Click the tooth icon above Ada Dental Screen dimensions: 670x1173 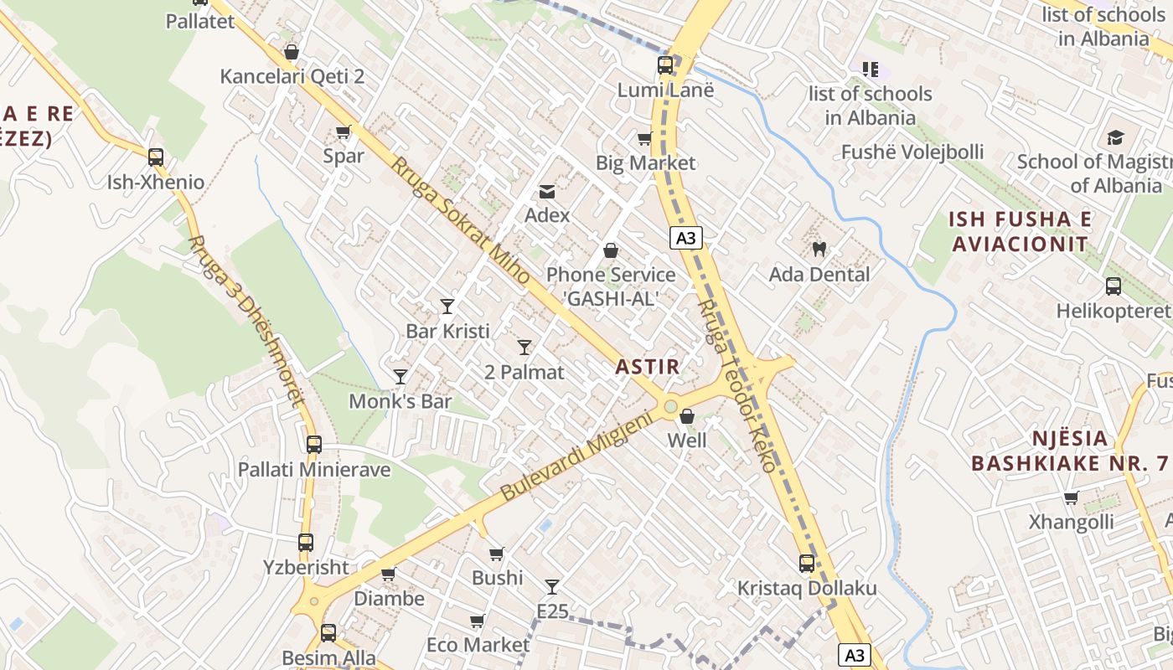819,249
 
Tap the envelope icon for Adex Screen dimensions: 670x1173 547,192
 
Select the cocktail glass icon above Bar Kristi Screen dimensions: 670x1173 447,307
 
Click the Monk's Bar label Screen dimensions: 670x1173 400,401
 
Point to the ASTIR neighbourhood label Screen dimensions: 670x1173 647,366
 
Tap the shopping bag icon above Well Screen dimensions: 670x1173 687,416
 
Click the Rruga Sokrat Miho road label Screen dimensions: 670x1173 459,221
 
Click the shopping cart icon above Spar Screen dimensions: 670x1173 344,132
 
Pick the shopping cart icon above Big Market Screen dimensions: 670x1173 644,138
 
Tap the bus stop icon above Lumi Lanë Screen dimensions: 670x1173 665,65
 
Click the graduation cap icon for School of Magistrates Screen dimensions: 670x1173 1115,137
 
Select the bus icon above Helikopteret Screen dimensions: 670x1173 1114,286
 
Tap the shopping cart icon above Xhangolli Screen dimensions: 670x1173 1071,498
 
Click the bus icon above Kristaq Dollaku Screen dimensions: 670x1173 807,564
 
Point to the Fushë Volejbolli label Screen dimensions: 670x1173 912,152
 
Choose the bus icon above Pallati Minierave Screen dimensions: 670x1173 314,445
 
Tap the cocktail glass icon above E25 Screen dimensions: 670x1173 552,587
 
